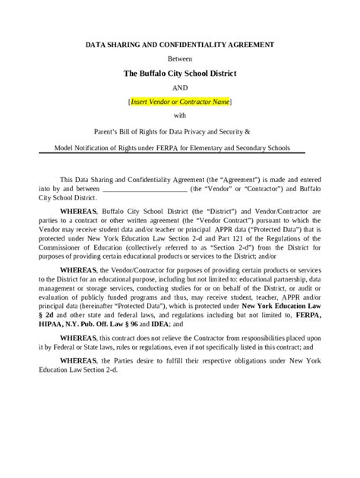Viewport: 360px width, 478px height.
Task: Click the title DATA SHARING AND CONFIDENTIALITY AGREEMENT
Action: (x=179, y=46)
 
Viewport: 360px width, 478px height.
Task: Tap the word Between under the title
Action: (x=180, y=58)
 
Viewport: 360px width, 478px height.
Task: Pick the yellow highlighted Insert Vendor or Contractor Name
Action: (x=180, y=102)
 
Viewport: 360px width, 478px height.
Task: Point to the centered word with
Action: (x=180, y=115)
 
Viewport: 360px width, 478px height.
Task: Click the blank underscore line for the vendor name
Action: (x=144, y=187)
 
